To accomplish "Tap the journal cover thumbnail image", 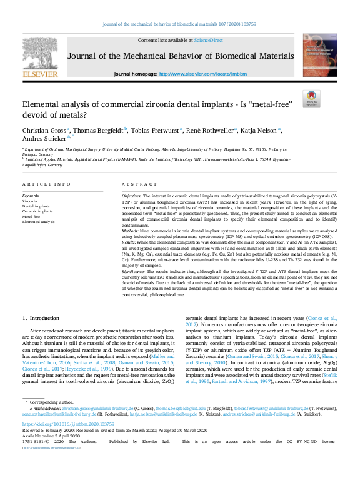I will coord(320,54).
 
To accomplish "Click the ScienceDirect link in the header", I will coord(208,40).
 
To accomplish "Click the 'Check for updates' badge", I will coord(311,97).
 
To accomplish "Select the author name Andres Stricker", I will coord(43,139).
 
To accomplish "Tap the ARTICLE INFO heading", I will coord(46,184).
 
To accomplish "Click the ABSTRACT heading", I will coord(136,184).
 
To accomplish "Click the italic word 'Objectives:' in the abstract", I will coord(132,196).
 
